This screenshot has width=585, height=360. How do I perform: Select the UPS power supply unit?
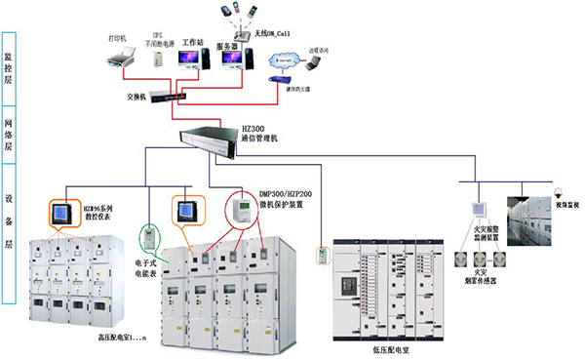coord(157,60)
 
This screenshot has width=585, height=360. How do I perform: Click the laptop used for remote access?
coord(313,64)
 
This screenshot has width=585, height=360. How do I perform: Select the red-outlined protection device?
coord(239,209)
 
